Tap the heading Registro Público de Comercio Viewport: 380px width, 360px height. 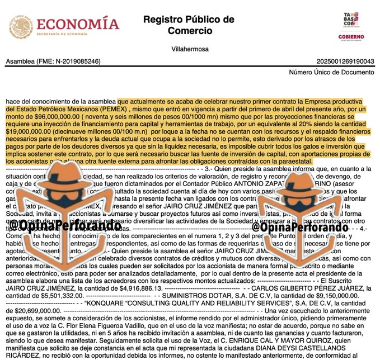click(x=189, y=25)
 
